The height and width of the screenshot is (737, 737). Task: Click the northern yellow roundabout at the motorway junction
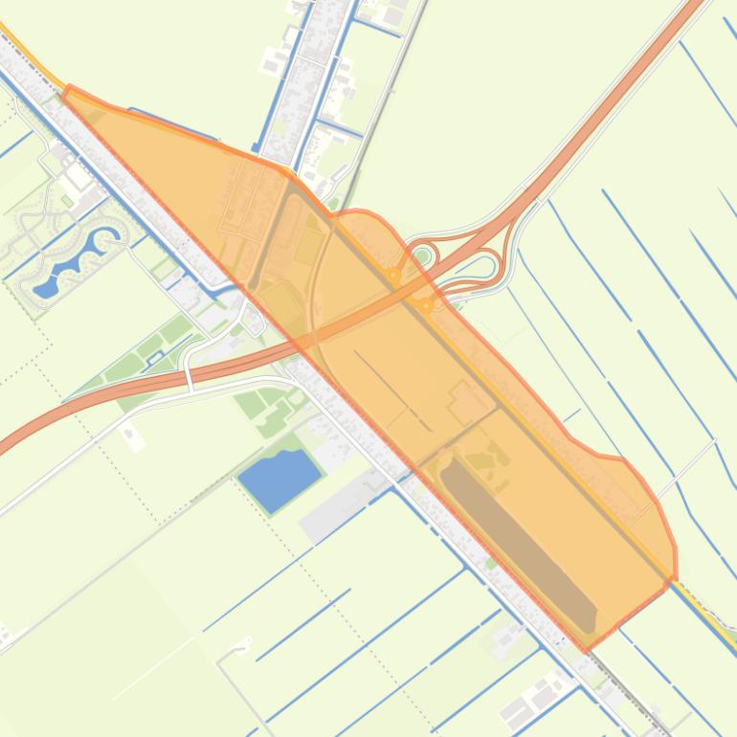click(x=394, y=277)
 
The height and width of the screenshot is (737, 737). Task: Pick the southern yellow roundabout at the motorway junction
click(x=427, y=306)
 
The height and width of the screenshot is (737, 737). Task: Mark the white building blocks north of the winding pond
click(x=77, y=172)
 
